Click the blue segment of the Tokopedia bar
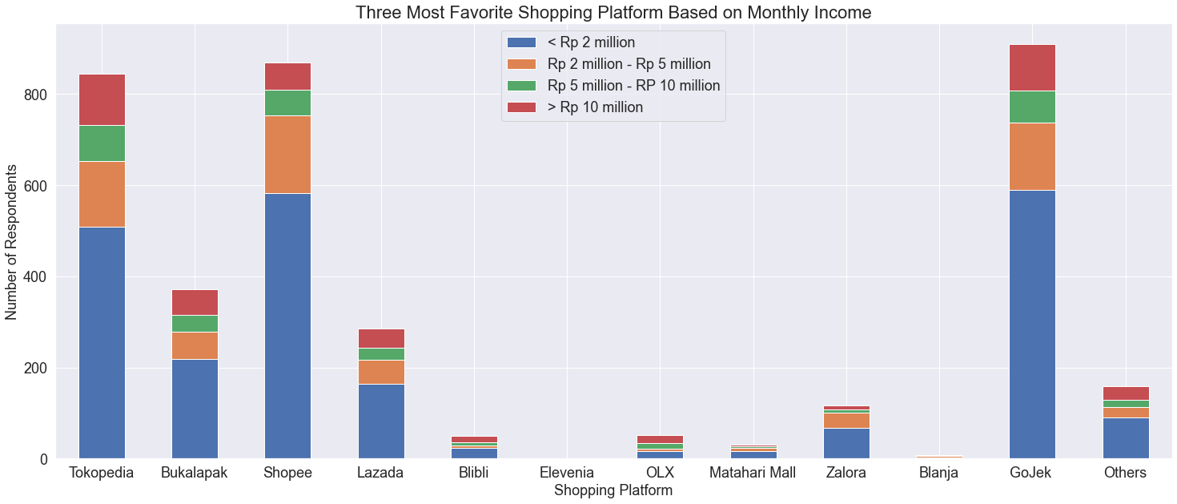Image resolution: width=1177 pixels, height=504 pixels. pyautogui.click(x=102, y=343)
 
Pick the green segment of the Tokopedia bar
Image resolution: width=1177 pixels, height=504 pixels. pyautogui.click(x=102, y=143)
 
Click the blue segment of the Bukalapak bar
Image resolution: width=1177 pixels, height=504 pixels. pyautogui.click(x=195, y=409)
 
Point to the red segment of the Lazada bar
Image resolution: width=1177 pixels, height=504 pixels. pyautogui.click(x=381, y=338)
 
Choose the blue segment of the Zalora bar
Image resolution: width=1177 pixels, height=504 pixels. pyautogui.click(x=846, y=444)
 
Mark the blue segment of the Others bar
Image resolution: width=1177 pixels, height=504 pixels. pyautogui.click(x=1126, y=438)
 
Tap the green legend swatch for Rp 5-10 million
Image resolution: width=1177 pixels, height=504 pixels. pyautogui.click(x=520, y=86)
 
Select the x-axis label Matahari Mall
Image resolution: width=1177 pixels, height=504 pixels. pyautogui.click(x=753, y=473)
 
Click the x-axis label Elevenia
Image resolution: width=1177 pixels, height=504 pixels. pyautogui.click(x=567, y=473)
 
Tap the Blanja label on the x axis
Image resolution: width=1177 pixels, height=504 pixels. pyautogui.click(x=939, y=473)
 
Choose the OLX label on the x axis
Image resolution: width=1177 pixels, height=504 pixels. pyautogui.click(x=660, y=473)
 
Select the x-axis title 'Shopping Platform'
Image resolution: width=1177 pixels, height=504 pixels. pyautogui.click(x=613, y=490)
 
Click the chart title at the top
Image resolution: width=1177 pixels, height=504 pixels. pyautogui.click(x=613, y=12)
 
